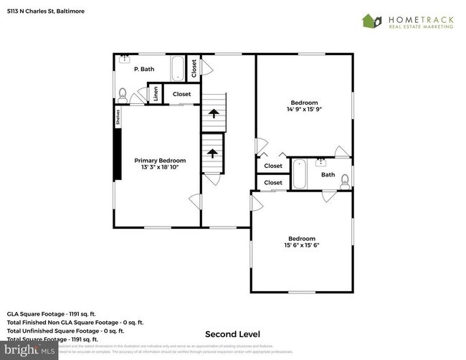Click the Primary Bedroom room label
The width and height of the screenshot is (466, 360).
pos(160,161)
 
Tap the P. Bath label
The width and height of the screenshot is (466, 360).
pos(144,69)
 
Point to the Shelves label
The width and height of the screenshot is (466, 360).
pos(118,118)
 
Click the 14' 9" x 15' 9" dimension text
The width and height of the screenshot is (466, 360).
pos(303,110)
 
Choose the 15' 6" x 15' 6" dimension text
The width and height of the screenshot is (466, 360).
pos(302,245)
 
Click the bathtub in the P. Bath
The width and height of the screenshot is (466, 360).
pos(178,70)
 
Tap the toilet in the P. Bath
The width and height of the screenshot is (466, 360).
pos(122,93)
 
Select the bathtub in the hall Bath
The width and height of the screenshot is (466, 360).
pos(299,174)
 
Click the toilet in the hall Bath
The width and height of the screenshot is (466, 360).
pos(345,179)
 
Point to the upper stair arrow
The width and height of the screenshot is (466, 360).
pos(212,112)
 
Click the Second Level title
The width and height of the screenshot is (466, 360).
pos(232,334)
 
